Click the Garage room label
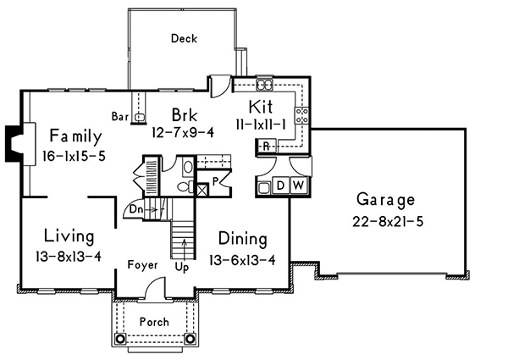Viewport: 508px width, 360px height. click(385, 201)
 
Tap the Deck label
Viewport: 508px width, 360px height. click(184, 38)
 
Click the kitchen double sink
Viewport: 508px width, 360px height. click(264, 86)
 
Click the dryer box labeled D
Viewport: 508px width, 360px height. click(279, 186)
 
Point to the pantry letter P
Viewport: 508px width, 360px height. click(217, 180)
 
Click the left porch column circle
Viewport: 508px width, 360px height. click(120, 338)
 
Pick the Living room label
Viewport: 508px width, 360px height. click(69, 235)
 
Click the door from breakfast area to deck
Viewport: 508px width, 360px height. click(221, 85)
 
